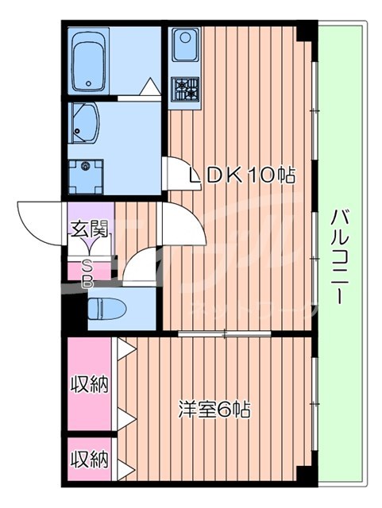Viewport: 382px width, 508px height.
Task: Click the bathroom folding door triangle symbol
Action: point(149,88)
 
